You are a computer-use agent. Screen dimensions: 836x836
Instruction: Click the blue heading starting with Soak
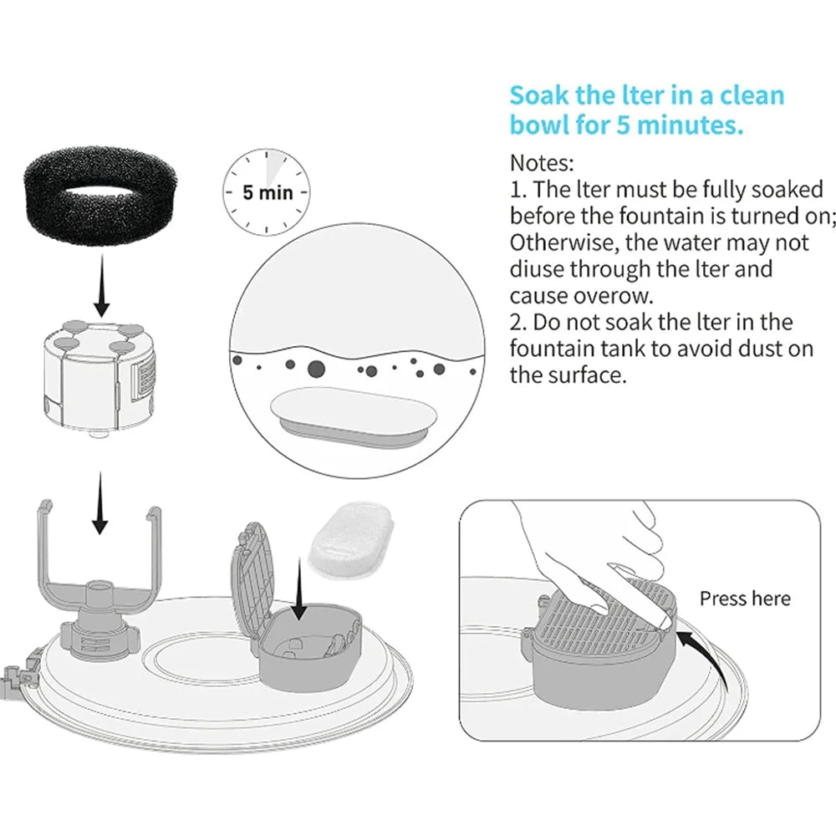click(646, 110)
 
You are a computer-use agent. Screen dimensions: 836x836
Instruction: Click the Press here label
click(744, 599)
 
